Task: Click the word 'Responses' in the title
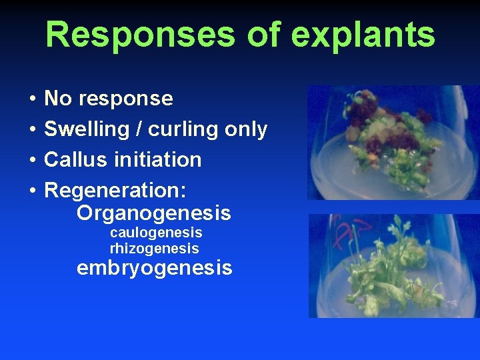140,34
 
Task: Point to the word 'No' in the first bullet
58,99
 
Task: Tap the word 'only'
246,130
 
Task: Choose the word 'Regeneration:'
115,191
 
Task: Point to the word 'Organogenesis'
154,214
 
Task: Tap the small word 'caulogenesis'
156,233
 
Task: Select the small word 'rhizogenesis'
154,249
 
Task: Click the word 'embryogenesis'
154,269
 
